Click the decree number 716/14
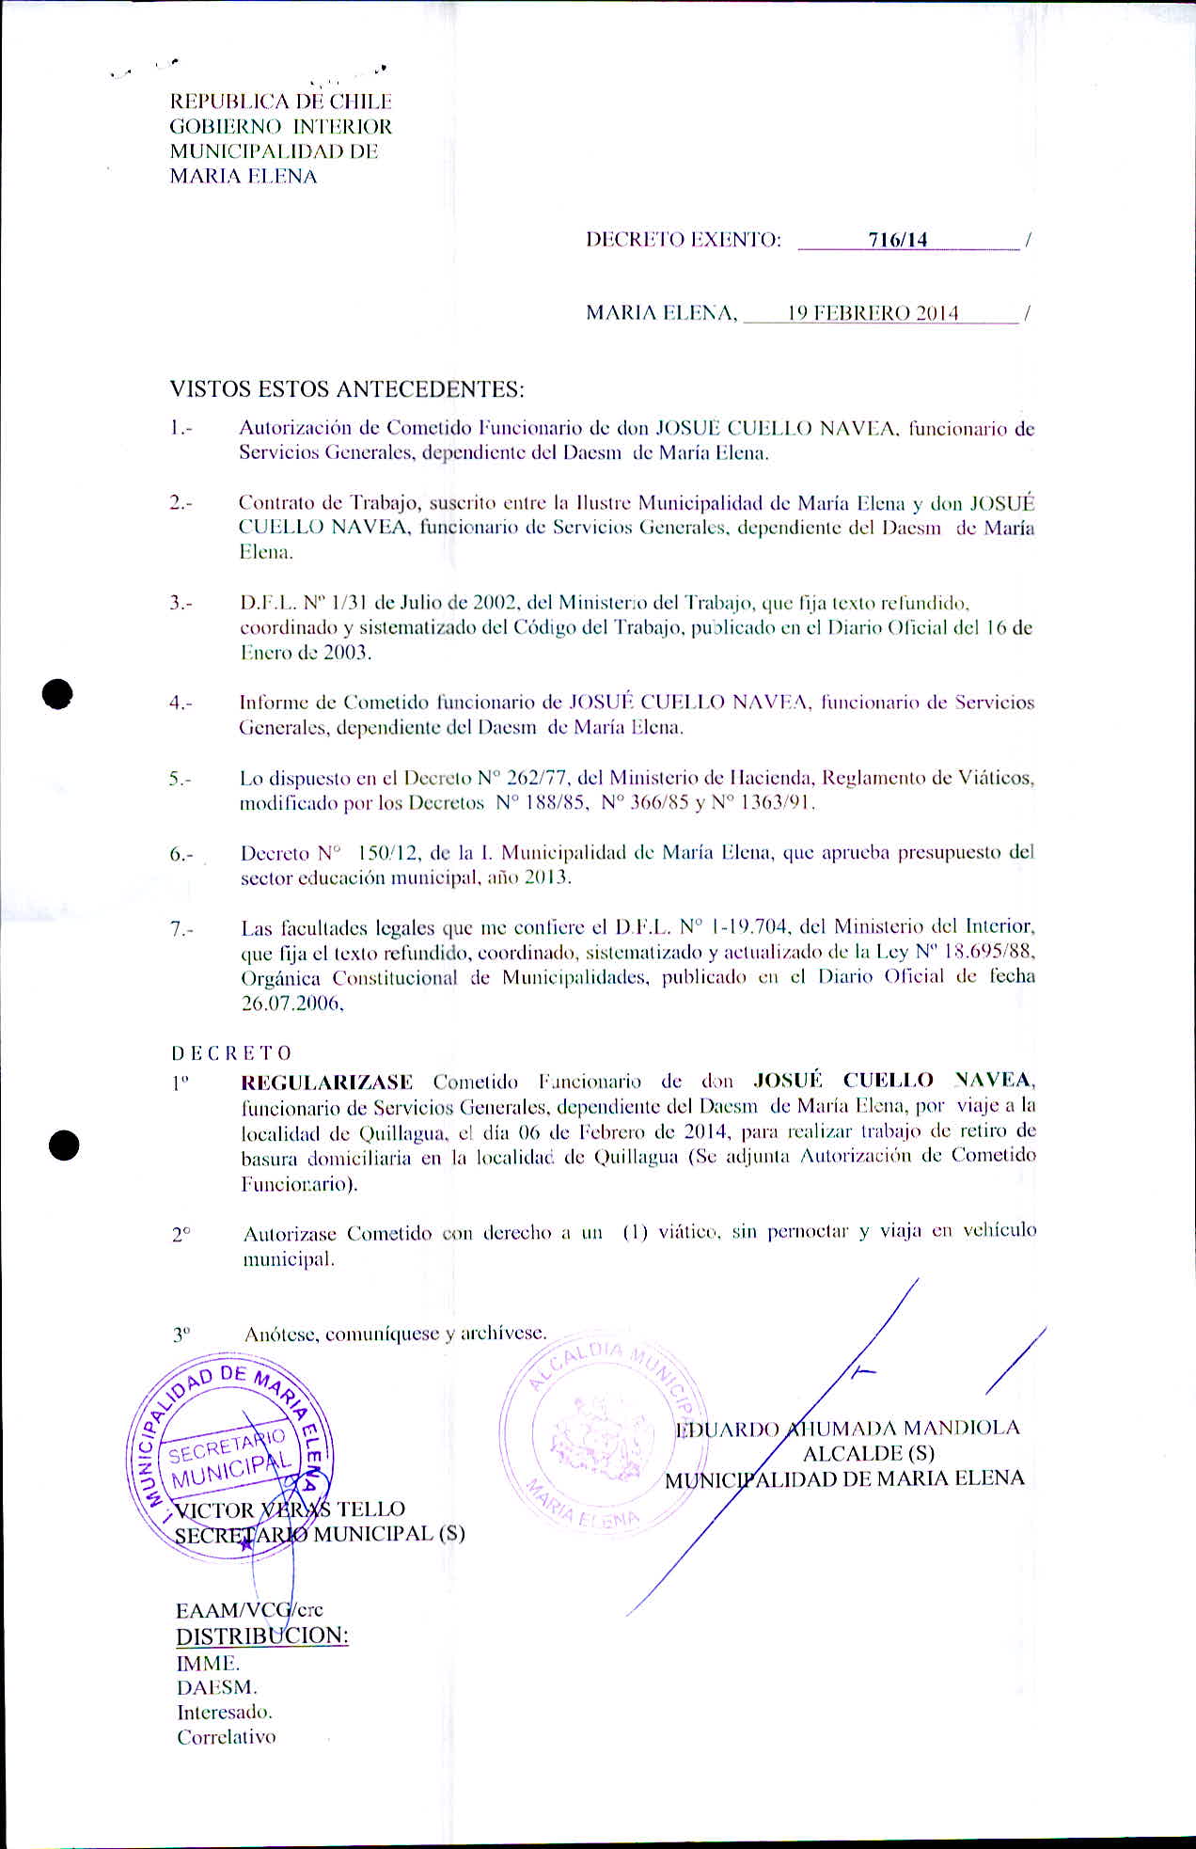pos(898,240)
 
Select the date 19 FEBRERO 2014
pos(873,313)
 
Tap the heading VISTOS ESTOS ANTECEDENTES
pos(347,388)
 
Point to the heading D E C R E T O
pos(231,1052)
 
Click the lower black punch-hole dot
pos(63,1146)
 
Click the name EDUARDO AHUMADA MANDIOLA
pos(847,1428)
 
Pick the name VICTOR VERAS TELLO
pos(291,1509)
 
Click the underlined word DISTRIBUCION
pos(262,1636)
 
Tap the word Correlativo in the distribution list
pos(227,1737)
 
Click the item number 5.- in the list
pos(181,779)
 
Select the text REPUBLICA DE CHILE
pos(280,102)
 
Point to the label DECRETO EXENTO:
pos(684,240)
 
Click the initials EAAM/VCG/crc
pos(249,1609)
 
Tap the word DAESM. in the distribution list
pos(216,1687)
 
